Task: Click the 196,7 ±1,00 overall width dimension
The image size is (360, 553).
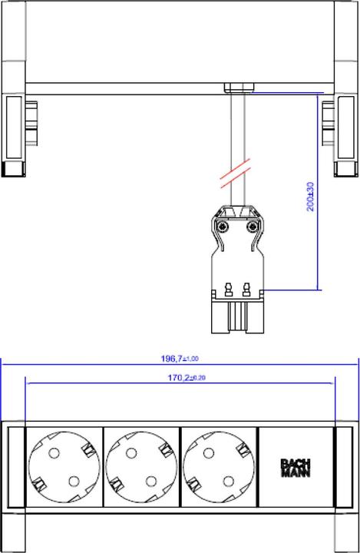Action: pos(180,358)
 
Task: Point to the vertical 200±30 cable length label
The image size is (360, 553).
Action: pos(310,197)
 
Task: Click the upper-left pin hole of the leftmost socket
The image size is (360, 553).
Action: pos(54,454)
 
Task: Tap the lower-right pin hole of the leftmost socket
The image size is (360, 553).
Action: pos(74,482)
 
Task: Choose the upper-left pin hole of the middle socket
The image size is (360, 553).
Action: pos(131,454)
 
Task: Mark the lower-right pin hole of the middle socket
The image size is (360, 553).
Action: pos(152,482)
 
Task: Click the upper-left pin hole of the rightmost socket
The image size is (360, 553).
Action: pos(209,454)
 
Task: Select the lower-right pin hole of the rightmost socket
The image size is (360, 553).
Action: pos(230,482)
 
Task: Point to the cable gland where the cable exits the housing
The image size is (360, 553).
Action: pos(238,88)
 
